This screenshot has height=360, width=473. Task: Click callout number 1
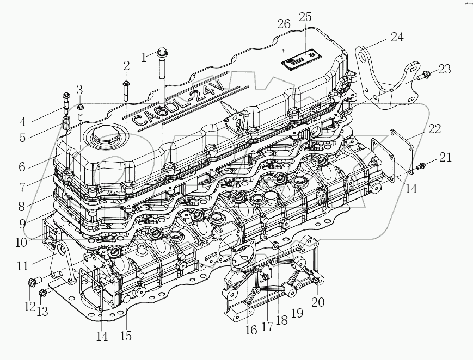pyautogui.click(x=144, y=57)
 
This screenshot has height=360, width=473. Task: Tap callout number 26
pyautogui.click(x=284, y=24)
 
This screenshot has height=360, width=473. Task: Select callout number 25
pyautogui.click(x=305, y=17)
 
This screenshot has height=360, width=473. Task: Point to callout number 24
pyautogui.click(x=396, y=38)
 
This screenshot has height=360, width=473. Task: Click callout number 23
pyautogui.click(x=445, y=69)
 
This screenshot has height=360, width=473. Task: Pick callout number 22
pyautogui.click(x=434, y=129)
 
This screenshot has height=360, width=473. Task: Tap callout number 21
pyautogui.click(x=446, y=158)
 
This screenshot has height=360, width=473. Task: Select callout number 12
pyautogui.click(x=29, y=307)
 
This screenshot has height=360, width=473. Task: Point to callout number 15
pyautogui.click(x=126, y=336)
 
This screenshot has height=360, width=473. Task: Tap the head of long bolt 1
pyautogui.click(x=162, y=53)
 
